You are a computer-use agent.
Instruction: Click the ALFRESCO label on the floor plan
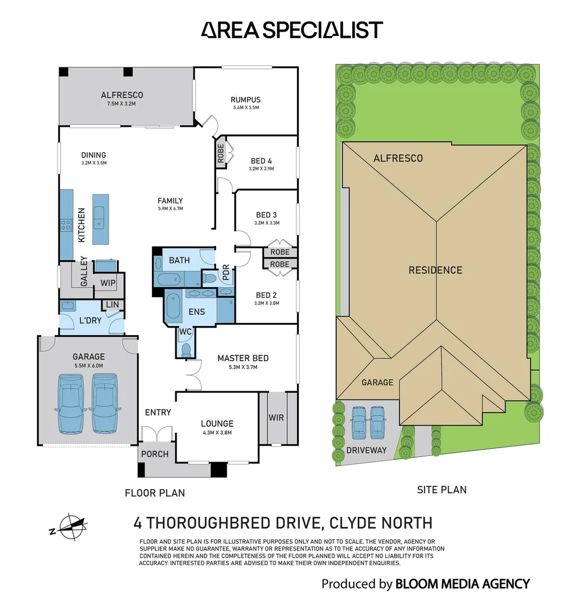122,95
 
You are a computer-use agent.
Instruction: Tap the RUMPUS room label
246,100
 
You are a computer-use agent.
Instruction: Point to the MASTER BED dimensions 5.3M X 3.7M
242,367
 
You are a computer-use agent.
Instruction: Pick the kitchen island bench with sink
101,219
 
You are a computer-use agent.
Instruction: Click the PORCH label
155,454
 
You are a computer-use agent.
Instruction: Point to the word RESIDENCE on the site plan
435,270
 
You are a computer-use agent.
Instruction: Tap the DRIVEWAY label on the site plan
366,450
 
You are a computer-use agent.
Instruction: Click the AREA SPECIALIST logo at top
291,30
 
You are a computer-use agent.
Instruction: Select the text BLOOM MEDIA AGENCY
462,584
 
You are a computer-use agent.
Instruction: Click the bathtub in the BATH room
168,279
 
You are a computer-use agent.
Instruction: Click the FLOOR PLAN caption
154,493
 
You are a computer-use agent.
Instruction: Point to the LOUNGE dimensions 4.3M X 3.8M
217,432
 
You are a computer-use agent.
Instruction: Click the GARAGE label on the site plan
377,382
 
